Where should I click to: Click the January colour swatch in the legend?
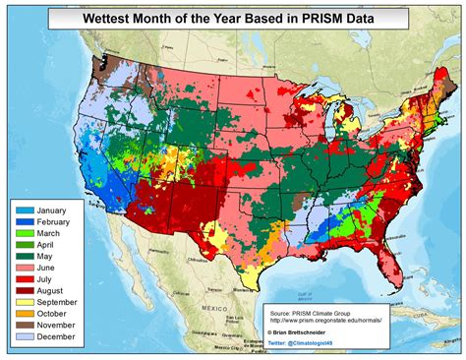(24, 210)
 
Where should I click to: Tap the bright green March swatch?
(24, 235)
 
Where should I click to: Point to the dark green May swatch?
(24, 260)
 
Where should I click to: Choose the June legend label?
(49, 272)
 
